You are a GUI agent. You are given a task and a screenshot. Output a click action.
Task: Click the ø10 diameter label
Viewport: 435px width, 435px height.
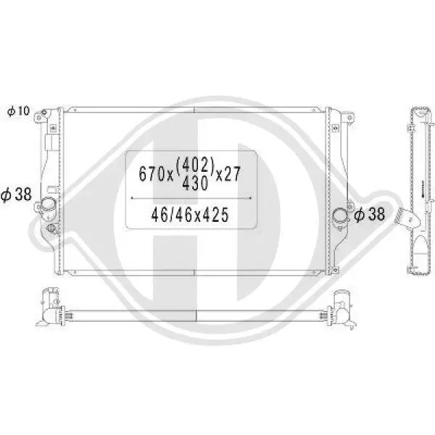click(18, 111)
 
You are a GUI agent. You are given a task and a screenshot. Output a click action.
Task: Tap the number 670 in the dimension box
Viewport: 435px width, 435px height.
click(152, 174)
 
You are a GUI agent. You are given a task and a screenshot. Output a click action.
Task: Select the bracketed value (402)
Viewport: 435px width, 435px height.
click(198, 165)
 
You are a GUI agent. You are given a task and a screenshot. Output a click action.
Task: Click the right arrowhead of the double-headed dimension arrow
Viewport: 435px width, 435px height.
click(250, 197)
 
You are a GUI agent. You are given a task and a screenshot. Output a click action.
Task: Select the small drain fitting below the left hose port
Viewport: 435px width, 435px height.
click(51, 231)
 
